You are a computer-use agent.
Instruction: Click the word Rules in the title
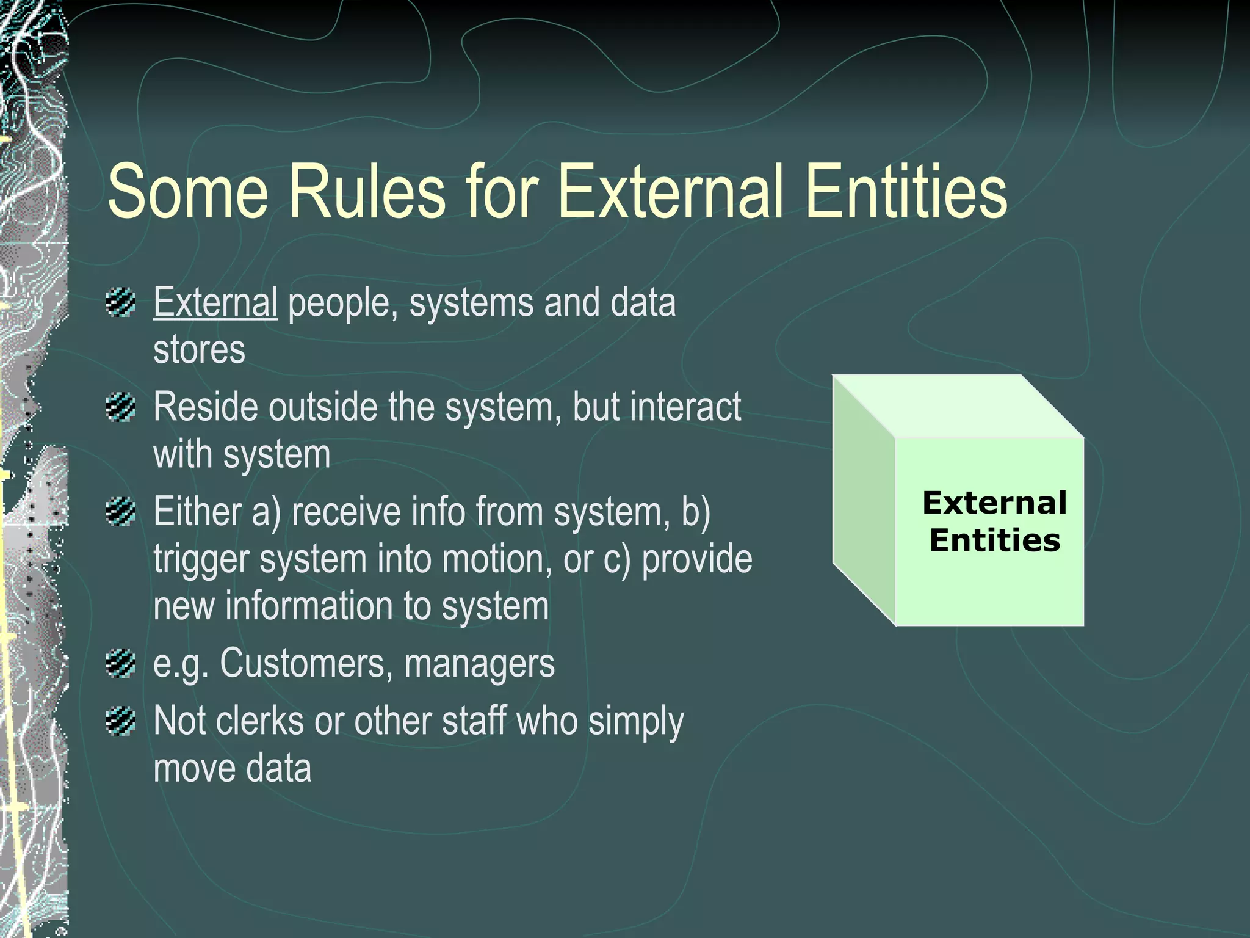coord(367,191)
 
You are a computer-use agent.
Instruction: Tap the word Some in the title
coord(187,191)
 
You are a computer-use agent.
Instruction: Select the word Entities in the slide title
coord(906,191)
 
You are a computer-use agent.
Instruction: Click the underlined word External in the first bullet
coord(215,302)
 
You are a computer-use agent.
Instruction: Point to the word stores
coord(199,350)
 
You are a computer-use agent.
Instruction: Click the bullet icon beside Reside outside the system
coord(120,407)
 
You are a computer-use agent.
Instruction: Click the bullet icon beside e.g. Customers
coord(120,663)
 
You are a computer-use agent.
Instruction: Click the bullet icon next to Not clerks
coord(120,721)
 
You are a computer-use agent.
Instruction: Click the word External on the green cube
coord(994,503)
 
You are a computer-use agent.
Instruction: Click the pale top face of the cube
coord(958,406)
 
